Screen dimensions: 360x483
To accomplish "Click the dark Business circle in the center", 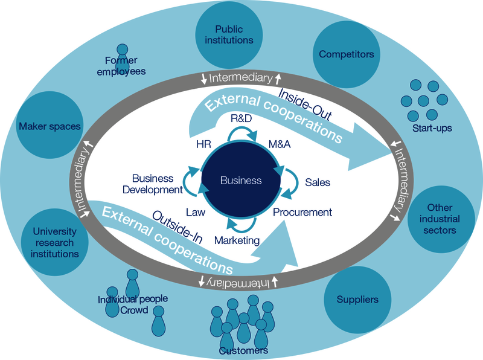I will pyautogui.click(x=241, y=181).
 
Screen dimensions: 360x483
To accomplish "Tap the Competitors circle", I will pyautogui.click(x=346, y=54).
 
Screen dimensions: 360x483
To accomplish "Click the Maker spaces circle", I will pyautogui.click(x=50, y=126).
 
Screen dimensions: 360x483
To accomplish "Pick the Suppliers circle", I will pyautogui.click(x=358, y=299).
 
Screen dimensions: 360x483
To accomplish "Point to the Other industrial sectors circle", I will pyautogui.click(x=439, y=219).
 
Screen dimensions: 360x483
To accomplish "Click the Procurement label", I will pyautogui.click(x=302, y=212).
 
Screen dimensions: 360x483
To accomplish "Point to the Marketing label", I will pyautogui.click(x=237, y=240).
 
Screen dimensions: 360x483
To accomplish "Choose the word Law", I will pyautogui.click(x=196, y=212).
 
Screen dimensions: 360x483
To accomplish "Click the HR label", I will pyautogui.click(x=203, y=146).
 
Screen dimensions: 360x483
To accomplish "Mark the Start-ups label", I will pyautogui.click(x=432, y=128).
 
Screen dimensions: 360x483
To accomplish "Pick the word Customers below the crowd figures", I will pyautogui.click(x=243, y=351).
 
